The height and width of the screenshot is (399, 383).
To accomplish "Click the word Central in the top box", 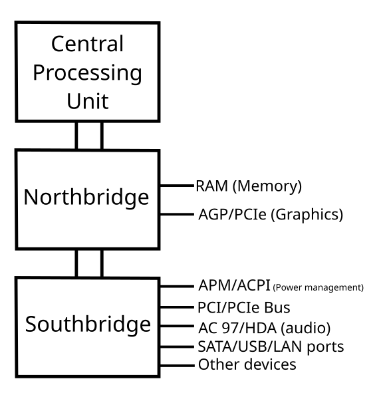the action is point(88,44).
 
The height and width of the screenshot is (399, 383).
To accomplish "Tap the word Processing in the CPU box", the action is point(88,74).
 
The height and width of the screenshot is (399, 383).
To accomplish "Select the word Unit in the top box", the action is point(88,101).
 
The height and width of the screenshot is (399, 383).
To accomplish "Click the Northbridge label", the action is point(86,198).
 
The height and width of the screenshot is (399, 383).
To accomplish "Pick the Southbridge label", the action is point(88,325).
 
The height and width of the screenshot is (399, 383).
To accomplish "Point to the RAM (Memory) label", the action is point(249,186).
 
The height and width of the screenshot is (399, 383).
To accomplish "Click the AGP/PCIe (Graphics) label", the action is point(271,215).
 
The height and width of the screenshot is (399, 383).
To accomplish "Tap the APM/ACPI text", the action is point(234,285).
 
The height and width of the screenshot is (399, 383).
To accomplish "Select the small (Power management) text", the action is point(318,287).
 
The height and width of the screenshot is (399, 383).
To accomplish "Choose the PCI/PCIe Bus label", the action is point(244,307).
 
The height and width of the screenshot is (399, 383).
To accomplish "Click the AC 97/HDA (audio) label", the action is point(265,328).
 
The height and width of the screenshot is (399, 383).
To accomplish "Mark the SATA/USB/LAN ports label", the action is point(271,347).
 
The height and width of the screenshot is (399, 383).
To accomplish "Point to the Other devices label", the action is point(247,364).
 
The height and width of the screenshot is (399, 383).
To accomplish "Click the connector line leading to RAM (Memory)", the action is point(177,186).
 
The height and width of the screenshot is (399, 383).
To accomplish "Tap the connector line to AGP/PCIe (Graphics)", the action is point(177,214).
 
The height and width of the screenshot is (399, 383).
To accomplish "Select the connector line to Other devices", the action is point(177,366).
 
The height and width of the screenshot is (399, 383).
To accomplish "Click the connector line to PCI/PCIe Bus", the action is point(177,307).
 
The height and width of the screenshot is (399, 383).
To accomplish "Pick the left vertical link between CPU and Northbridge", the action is point(76,136).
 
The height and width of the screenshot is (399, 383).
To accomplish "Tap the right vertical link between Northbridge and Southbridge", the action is point(102,263).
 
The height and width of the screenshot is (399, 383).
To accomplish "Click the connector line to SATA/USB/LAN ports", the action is point(177,346).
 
